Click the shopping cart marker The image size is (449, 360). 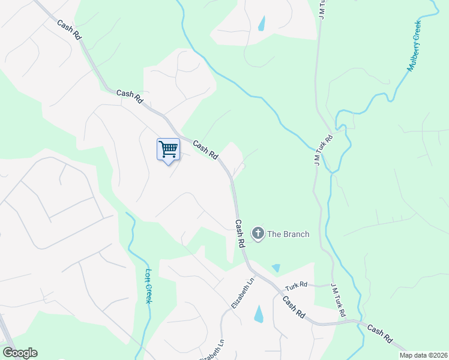pos(169,149)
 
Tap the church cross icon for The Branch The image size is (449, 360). pos(258,233)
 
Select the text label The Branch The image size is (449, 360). pos(288,234)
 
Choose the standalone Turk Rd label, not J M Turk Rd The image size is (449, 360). pos(296,286)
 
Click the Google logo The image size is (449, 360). pos(20,353)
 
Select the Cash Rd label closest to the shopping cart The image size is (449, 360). pos(205,150)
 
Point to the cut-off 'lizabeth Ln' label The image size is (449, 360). pos(212,350)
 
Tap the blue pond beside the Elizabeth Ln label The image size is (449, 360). pos(259,313)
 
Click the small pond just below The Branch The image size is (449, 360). pos(276,268)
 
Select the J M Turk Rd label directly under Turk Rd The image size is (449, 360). pos(338,302)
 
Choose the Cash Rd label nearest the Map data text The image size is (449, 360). pos(381,336)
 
